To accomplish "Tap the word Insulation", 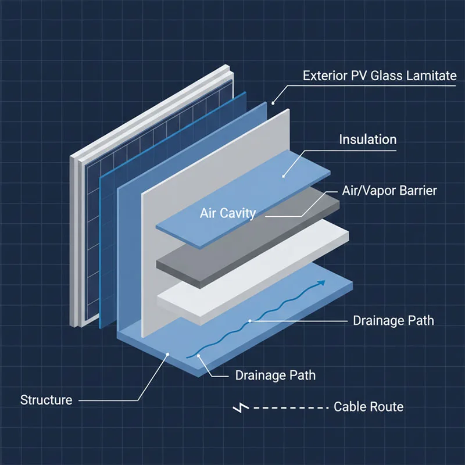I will [x=368, y=139].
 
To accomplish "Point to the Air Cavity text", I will [x=228, y=213].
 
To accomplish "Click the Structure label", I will [x=46, y=400].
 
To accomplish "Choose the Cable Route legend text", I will [x=369, y=406].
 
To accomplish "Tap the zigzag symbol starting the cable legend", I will [x=239, y=407].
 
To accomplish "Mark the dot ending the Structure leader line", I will [x=167, y=353].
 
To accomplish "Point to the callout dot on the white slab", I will [x=250, y=321].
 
